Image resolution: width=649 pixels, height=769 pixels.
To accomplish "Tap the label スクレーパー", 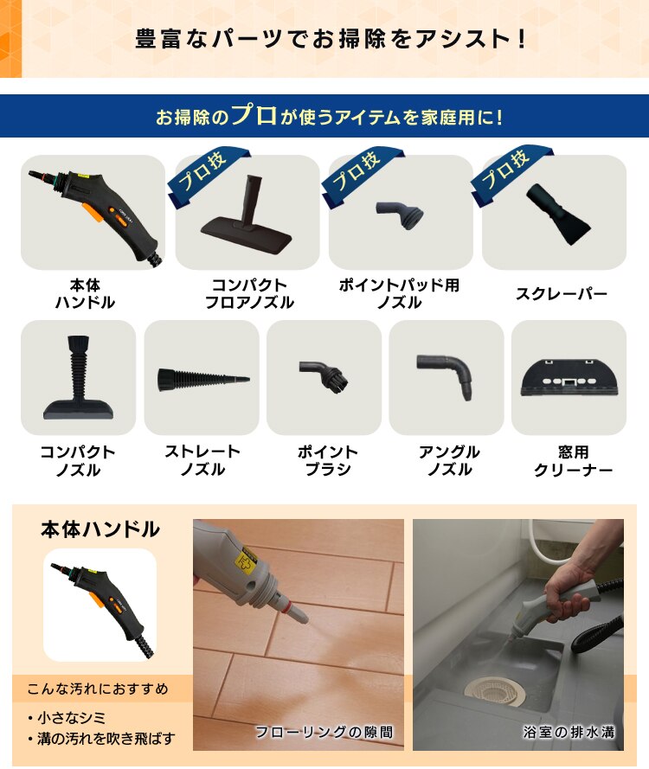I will point(562,294).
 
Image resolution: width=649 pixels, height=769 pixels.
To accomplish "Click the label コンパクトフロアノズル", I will point(249,294).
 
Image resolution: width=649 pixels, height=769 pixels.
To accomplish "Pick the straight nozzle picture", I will point(202,378).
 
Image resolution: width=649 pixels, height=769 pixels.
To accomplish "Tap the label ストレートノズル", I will point(202,460).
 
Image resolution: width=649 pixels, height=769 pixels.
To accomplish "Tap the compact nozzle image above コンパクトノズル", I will point(77,378).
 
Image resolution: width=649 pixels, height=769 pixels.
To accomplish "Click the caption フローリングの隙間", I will point(324,732).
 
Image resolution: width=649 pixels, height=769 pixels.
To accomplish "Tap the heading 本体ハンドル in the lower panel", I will point(100,529).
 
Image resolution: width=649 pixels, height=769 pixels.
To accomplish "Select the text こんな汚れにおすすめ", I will point(97,689).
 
